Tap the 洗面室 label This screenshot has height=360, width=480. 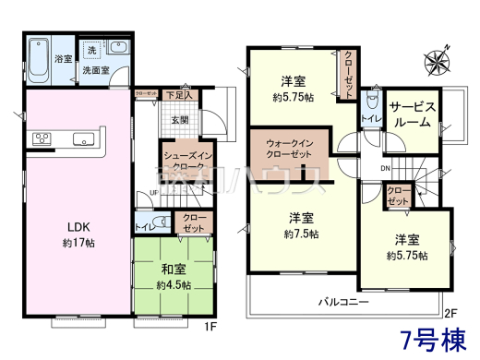(98, 69)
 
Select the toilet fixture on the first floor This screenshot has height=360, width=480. (159, 222)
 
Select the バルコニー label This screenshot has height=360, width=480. (345, 301)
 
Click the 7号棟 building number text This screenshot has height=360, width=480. (432, 337)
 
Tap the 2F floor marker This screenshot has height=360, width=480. (450, 313)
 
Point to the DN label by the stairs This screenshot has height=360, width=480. (385, 168)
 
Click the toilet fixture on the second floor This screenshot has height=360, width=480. (371, 99)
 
